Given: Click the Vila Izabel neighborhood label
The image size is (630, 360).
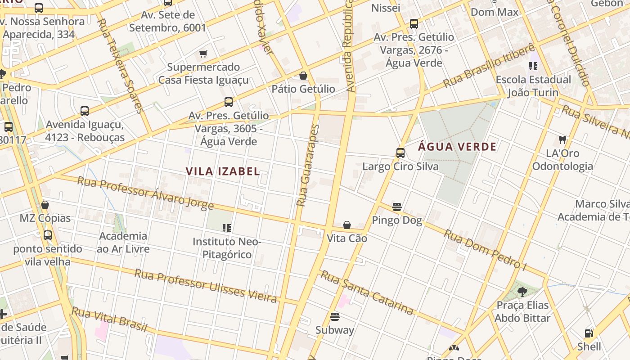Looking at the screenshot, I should coord(223,171).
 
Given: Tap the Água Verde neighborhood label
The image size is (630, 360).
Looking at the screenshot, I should coord(457,147).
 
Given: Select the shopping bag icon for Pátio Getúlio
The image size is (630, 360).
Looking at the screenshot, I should coord(303,76).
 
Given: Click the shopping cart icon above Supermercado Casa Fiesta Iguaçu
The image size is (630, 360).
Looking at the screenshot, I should coord(203,54).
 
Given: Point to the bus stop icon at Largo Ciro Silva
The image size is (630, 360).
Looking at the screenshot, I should coord(400,153).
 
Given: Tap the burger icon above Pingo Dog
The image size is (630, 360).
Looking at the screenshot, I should coord(397,207).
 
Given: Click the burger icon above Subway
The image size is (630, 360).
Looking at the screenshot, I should coord(334,317).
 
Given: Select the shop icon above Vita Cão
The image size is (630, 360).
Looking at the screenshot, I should coord(347,225).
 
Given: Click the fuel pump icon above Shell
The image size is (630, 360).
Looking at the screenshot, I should coord(589,333).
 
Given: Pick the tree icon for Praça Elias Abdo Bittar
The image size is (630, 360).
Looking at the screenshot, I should coord(522,292).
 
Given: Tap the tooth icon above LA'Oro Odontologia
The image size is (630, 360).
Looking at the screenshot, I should coord(562,140).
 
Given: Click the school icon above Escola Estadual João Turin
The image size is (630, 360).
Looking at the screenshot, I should coord(533,67).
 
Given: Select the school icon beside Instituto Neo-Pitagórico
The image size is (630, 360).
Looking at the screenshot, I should coord(227,228).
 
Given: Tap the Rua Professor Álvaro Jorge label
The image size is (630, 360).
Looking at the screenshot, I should coord(145,193).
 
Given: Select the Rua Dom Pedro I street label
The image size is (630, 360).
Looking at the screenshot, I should coord(485,250).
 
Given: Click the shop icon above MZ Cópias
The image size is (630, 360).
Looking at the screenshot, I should coord(45,205).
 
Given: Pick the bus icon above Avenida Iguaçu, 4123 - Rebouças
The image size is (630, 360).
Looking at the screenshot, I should coord(85,111).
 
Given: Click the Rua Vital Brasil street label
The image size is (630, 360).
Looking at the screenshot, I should coord(109,319).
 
